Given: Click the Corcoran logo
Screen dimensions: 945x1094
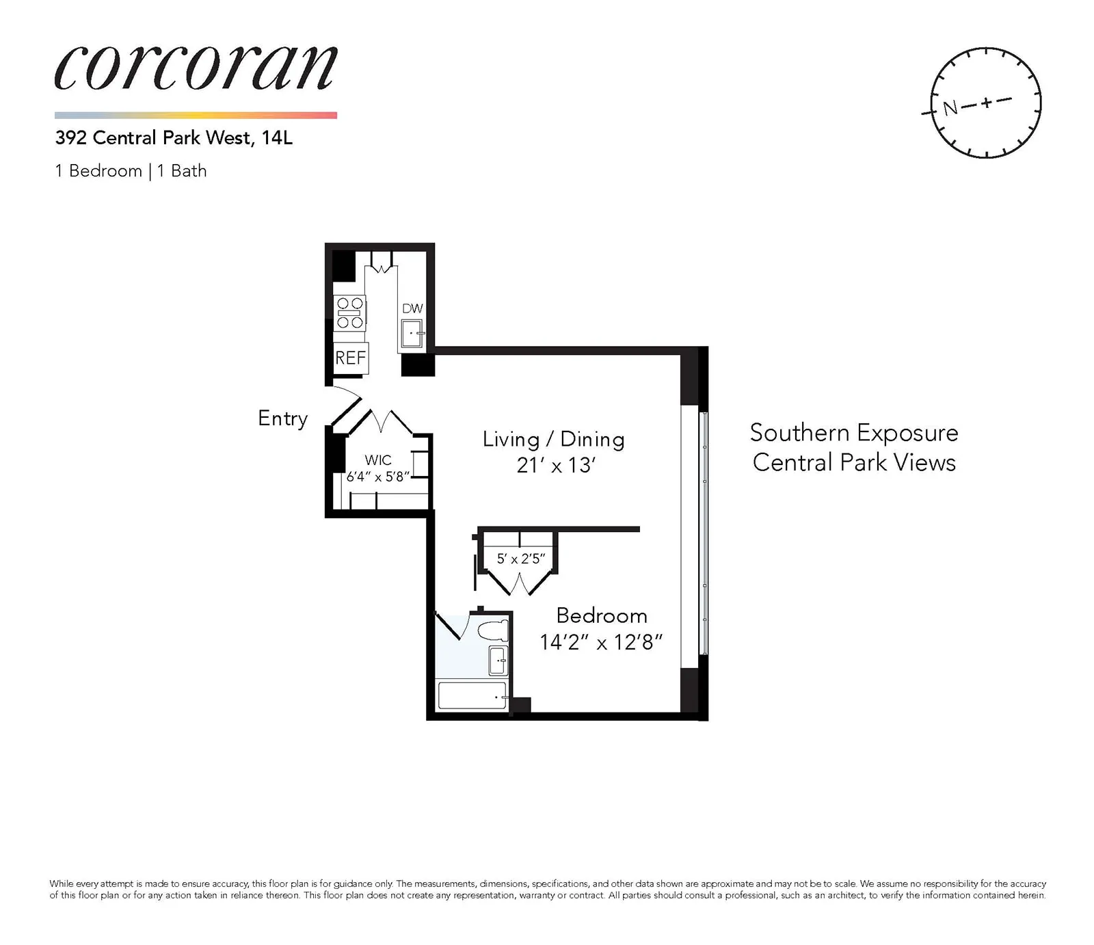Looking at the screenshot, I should pos(196,68).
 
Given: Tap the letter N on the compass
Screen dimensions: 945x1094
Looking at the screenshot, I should pos(950,108).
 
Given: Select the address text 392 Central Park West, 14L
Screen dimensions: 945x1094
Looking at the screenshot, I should pos(174,138).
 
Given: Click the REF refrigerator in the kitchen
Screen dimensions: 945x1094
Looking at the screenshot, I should pos(351,358).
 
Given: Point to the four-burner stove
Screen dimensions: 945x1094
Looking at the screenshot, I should pos(349,312).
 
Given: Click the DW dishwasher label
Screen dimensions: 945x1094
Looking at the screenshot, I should pos(412,308).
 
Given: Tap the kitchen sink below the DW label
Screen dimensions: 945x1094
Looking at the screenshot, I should pos(412,335).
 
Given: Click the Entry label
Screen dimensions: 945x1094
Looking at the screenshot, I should pos(282,418).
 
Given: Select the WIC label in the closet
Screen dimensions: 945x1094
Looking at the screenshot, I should pos(378,460).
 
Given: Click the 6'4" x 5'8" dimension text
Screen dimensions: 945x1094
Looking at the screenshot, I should pos(377,477).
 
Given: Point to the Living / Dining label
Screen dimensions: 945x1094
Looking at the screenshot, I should pos(553,439).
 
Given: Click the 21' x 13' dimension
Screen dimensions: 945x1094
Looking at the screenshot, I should pos(556,466).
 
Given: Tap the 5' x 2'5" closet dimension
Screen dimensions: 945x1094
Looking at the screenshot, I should pos(520,559).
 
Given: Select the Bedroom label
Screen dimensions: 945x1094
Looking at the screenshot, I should pos(602,615).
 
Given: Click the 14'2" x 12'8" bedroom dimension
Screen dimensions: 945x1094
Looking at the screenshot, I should pos(601,642).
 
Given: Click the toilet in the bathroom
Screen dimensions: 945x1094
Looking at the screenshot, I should pos(492,630).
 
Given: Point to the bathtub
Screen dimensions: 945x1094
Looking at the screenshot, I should pos(472,695).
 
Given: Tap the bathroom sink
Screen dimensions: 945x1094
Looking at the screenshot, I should pos(498,661).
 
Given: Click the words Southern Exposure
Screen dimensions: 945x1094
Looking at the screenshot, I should pos(853,433).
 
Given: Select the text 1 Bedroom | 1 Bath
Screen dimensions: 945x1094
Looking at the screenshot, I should pos(131,171).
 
